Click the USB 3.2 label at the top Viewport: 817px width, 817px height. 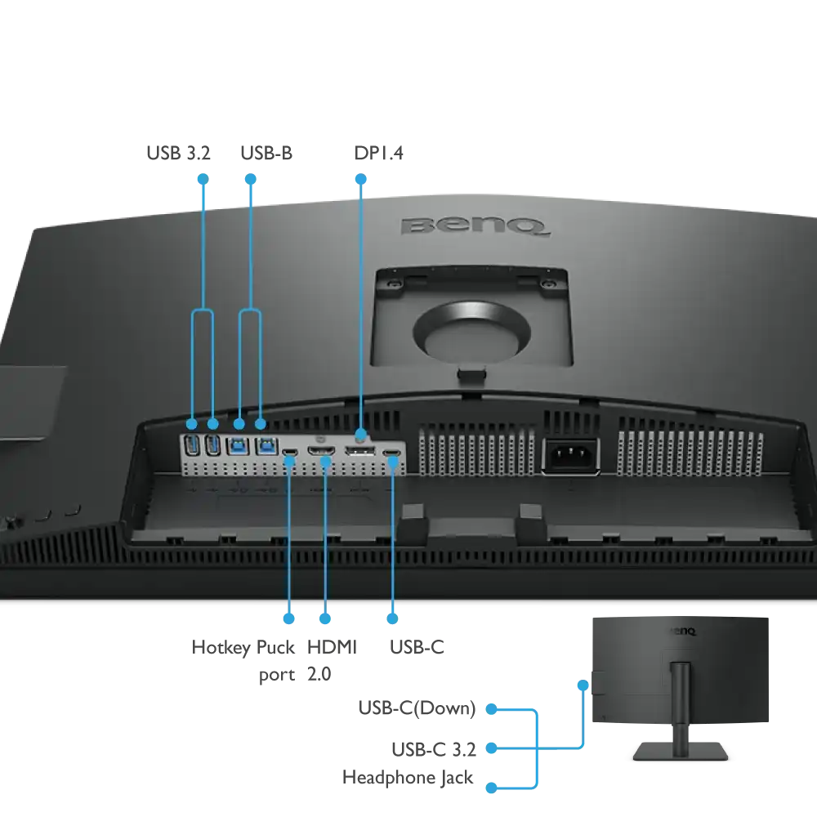[178, 154]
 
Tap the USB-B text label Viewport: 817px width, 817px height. [266, 154]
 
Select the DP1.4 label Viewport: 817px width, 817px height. [378, 154]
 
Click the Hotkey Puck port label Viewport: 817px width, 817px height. [243, 661]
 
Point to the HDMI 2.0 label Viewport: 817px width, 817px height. [332, 660]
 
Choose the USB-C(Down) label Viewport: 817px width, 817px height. [417, 708]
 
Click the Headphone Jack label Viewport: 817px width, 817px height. [408, 778]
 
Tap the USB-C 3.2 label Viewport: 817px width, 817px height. [434, 750]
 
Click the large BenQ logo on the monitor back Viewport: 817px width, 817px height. [475, 226]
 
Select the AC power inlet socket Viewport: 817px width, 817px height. [571, 457]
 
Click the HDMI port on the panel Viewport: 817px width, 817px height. [321, 451]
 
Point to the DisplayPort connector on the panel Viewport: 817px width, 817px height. [359, 451]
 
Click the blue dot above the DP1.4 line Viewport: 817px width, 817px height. [360, 179]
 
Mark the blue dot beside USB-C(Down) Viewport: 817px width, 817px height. [491, 709]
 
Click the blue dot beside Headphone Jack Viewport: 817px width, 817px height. [491, 788]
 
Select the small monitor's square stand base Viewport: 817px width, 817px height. [681, 751]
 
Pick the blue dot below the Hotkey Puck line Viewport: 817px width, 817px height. [288, 618]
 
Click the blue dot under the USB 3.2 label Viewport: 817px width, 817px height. [203, 179]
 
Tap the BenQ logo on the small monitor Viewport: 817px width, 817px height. [683, 632]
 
